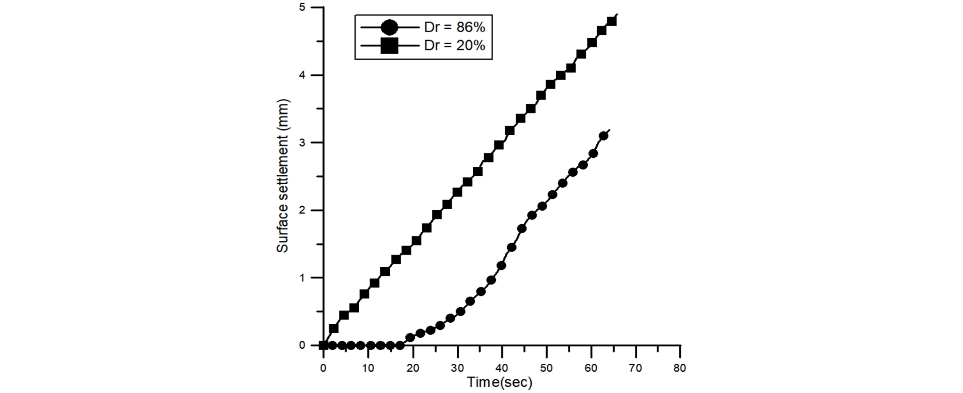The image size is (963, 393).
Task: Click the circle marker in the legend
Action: (389, 27)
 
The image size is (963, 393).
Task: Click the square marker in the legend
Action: (389, 46)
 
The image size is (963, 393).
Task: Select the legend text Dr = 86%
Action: (454, 27)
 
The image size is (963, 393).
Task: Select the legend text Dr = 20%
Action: (454, 46)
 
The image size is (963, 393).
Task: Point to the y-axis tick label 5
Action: (302, 8)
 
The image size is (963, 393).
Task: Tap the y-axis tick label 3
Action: (302, 143)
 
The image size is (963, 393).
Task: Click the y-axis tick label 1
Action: (302, 278)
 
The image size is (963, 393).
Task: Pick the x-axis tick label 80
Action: (680, 368)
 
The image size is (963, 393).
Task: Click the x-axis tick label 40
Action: (502, 368)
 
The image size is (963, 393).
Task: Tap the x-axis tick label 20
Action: (412, 368)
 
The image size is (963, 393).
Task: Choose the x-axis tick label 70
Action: (635, 368)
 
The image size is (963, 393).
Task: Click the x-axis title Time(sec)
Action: (500, 383)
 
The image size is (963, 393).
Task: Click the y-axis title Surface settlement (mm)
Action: (282, 176)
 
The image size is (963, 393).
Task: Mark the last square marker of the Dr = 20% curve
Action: (612, 21)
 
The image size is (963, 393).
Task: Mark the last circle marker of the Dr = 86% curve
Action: (603, 136)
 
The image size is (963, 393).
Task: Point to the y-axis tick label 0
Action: (302, 345)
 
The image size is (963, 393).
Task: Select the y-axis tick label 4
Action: (302, 75)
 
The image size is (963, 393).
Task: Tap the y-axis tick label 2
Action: (302, 211)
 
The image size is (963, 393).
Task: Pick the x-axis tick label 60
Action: (591, 368)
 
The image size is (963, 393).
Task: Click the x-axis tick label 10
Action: (368, 368)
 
